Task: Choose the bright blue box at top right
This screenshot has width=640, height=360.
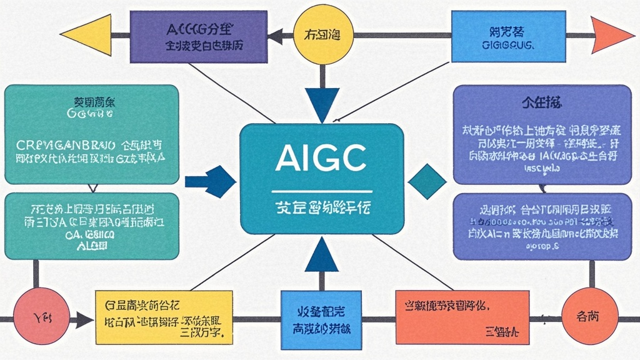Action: click(502, 36)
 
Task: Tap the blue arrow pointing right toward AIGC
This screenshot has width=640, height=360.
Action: click(211, 182)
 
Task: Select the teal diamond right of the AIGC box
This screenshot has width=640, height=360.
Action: click(427, 182)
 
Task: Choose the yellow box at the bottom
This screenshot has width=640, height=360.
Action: click(164, 317)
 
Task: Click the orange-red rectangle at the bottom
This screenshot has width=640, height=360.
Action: click(459, 317)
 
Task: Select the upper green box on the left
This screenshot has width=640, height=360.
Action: click(91, 134)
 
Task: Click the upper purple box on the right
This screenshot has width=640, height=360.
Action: click(542, 134)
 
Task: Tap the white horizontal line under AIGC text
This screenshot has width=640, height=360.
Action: click(321, 191)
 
